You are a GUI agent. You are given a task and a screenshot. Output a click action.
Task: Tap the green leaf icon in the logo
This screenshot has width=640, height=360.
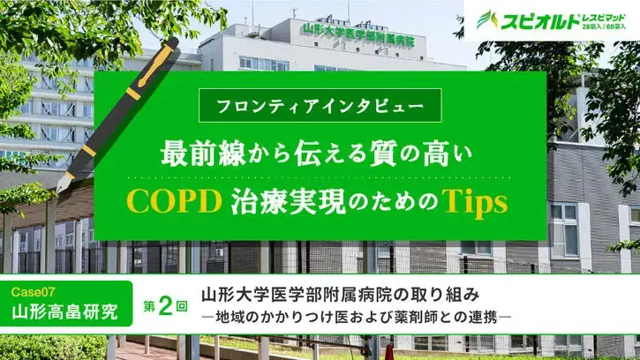(x=486, y=19)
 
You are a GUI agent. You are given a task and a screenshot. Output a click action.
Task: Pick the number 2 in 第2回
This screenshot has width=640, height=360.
(x=165, y=304)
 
